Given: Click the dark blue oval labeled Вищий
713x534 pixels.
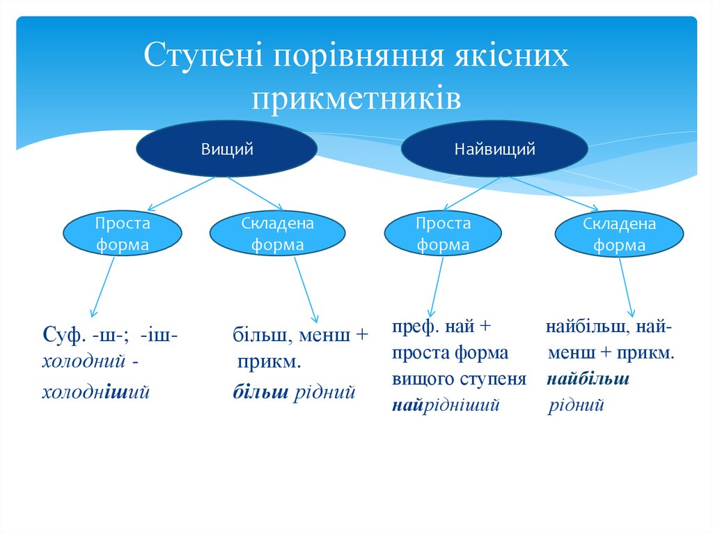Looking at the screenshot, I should [x=227, y=149].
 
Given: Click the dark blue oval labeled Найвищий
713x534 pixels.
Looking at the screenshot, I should [x=495, y=149].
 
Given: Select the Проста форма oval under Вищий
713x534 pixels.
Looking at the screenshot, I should [x=123, y=235].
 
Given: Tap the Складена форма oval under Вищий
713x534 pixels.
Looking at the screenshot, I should [x=277, y=235].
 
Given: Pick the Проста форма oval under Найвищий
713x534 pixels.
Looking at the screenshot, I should [x=443, y=235].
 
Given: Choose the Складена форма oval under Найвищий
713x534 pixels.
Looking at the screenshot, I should [x=619, y=235].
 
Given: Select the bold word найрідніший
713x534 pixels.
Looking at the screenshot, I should [x=446, y=405].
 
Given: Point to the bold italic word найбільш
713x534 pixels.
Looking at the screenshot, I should [x=588, y=379].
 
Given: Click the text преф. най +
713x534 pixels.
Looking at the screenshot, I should [x=441, y=327].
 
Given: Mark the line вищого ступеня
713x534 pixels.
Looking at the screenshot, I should [x=458, y=379].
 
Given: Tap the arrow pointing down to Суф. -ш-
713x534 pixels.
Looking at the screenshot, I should [x=103, y=285].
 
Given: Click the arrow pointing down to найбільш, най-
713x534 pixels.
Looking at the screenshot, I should [x=627, y=285].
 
